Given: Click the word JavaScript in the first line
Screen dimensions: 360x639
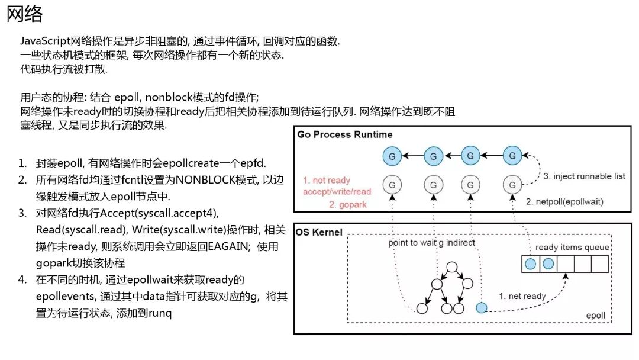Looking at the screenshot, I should (x=45, y=42).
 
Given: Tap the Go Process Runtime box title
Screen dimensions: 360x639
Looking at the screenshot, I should (x=344, y=134).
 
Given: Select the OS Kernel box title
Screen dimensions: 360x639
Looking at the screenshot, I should (x=319, y=232).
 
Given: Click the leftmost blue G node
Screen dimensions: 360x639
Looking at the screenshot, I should (x=391, y=157).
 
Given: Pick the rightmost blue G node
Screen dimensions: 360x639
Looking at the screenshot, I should (x=512, y=156).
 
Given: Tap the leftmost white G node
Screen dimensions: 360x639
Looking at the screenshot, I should (x=391, y=185).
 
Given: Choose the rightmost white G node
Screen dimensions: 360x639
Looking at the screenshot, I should (x=512, y=185).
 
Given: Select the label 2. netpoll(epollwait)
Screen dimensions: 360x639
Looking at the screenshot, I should (x=565, y=202).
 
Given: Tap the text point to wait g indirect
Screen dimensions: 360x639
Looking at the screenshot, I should (x=432, y=243).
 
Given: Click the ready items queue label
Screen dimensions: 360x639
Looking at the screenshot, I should (x=572, y=247).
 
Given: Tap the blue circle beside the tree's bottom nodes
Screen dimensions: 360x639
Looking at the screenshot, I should (x=482, y=308).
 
